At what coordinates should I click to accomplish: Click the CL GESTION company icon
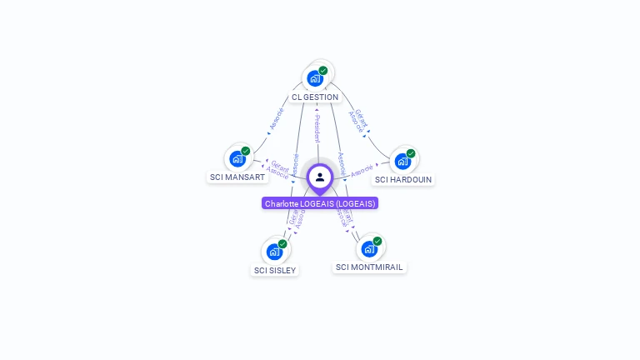(x=314, y=78)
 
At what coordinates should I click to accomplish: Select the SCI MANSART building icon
(x=237, y=158)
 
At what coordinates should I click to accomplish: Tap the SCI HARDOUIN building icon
(x=402, y=161)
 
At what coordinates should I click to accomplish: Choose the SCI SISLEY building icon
(x=274, y=252)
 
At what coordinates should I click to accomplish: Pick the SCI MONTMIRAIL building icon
(x=369, y=248)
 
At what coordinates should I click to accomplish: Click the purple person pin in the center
(x=320, y=177)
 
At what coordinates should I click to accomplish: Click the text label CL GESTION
(x=315, y=97)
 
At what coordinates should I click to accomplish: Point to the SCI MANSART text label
(x=237, y=177)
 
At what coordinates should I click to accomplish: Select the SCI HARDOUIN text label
(x=403, y=179)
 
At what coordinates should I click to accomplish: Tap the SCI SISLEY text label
(x=275, y=270)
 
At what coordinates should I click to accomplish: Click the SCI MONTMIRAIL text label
(x=369, y=267)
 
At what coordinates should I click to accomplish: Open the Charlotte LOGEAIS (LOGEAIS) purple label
(x=320, y=203)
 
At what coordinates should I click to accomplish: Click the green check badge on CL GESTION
(x=323, y=70)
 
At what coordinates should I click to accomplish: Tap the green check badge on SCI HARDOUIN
(x=411, y=153)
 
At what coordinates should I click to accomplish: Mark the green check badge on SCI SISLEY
(x=282, y=244)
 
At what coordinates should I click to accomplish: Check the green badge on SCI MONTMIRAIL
(x=377, y=241)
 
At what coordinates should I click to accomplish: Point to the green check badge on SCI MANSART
(x=246, y=151)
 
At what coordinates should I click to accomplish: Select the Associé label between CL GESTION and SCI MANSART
(x=276, y=120)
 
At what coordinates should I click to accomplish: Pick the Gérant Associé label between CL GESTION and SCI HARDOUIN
(x=358, y=120)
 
